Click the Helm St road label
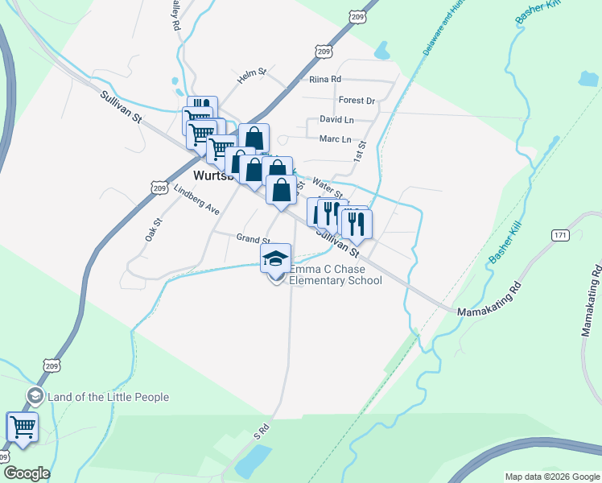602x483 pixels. [x=252, y=76]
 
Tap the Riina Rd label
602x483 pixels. [x=325, y=80]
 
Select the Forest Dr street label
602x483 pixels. [x=357, y=101]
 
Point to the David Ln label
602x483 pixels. [x=336, y=119]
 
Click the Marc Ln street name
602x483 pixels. [x=336, y=139]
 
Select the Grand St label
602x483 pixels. [x=253, y=239]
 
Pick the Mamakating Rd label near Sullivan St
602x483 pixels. [x=489, y=299]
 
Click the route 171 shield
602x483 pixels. [x=562, y=235]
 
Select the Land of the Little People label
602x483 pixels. [x=109, y=397]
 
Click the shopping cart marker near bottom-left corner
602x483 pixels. [x=23, y=427]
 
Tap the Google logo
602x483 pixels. [x=26, y=473]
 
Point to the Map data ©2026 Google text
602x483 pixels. [x=551, y=477]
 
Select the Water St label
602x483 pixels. [x=328, y=188]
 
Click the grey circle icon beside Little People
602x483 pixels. [x=35, y=396]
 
